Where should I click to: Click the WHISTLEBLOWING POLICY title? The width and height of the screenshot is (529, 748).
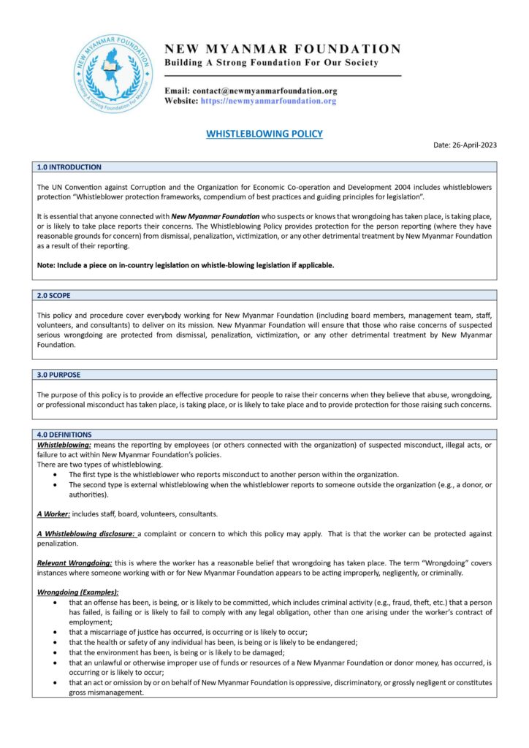point(264,134)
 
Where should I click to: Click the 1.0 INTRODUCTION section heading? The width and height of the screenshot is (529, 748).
point(69,167)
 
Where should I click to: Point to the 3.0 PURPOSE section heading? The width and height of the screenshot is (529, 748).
point(59,375)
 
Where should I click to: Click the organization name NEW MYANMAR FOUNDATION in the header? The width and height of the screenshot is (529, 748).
point(283,49)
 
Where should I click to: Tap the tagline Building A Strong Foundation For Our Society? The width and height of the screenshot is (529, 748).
point(271,63)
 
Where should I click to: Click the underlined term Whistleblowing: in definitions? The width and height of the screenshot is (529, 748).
point(64,445)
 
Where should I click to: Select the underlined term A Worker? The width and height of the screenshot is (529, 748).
point(53,514)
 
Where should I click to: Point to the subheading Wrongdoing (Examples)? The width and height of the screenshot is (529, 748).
point(77,592)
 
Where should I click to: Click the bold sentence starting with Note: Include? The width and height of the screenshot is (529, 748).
point(186,265)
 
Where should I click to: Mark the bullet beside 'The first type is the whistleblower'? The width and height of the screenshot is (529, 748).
point(57,475)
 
